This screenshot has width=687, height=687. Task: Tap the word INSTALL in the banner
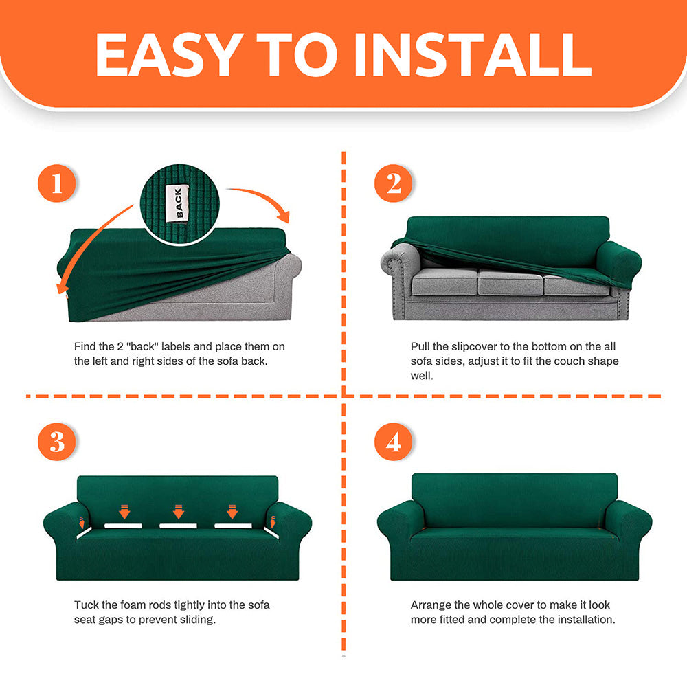[x=473, y=55]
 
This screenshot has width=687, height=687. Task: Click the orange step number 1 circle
[x=56, y=183]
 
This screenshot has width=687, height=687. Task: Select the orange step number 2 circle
[x=394, y=183]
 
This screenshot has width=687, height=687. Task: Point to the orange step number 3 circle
[x=56, y=442]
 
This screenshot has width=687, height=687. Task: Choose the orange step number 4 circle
[x=394, y=442]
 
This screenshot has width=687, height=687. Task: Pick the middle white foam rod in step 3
[x=178, y=526]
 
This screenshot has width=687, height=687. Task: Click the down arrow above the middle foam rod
[x=179, y=512]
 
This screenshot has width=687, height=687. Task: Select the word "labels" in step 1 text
[x=176, y=346]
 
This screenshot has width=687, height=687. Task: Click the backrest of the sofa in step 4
[x=515, y=499]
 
